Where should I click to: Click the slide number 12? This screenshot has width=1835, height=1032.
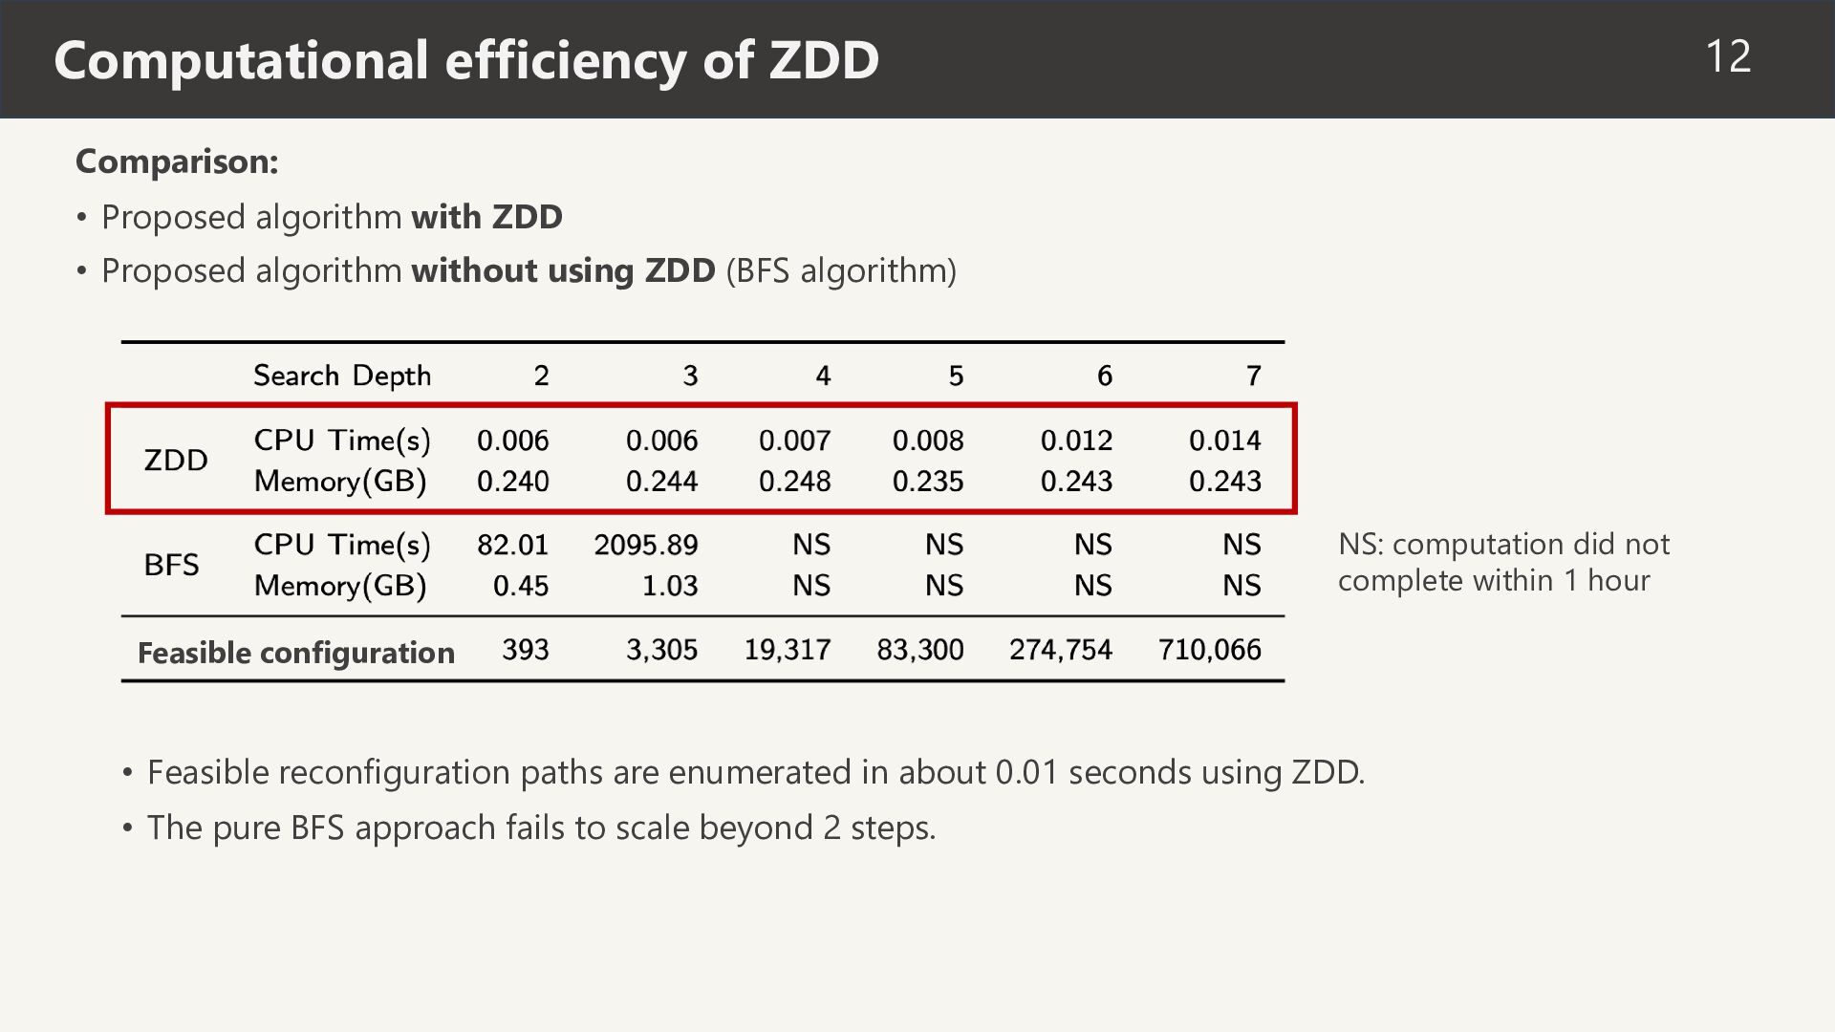pyautogui.click(x=1728, y=56)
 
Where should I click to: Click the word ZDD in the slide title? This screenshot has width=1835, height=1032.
pyautogui.click(x=824, y=59)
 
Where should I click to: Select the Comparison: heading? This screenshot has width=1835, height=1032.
pyautogui.click(x=177, y=161)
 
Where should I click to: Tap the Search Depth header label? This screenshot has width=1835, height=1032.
pyautogui.click(x=342, y=376)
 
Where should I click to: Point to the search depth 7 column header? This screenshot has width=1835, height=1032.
pyautogui.click(x=1253, y=376)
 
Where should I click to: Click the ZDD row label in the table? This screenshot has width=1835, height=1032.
pyautogui.click(x=176, y=460)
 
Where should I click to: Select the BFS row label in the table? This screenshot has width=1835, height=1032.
pyautogui.click(x=172, y=564)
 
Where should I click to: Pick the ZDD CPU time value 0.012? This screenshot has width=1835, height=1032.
pyautogui.click(x=1076, y=441)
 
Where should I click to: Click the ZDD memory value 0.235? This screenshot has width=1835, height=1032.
pyautogui.click(x=928, y=481)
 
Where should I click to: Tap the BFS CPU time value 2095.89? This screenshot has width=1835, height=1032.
pyautogui.click(x=646, y=545)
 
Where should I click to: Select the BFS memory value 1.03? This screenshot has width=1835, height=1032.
pyautogui.click(x=670, y=585)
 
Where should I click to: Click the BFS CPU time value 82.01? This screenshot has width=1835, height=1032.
pyautogui.click(x=513, y=545)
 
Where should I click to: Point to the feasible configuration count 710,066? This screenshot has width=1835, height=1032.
pyautogui.click(x=1210, y=650)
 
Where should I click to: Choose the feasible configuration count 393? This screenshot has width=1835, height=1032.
pyautogui.click(x=526, y=650)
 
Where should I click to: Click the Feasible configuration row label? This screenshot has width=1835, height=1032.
pyautogui.click(x=296, y=653)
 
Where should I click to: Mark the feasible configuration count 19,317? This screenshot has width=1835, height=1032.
pyautogui.click(x=788, y=650)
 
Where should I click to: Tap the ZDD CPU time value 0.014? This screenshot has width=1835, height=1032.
pyautogui.click(x=1225, y=441)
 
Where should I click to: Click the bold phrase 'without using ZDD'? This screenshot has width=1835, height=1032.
pyautogui.click(x=563, y=270)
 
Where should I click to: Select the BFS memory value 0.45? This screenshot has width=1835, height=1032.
pyautogui.click(x=521, y=585)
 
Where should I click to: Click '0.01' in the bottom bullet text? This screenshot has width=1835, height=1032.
pyautogui.click(x=1027, y=772)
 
